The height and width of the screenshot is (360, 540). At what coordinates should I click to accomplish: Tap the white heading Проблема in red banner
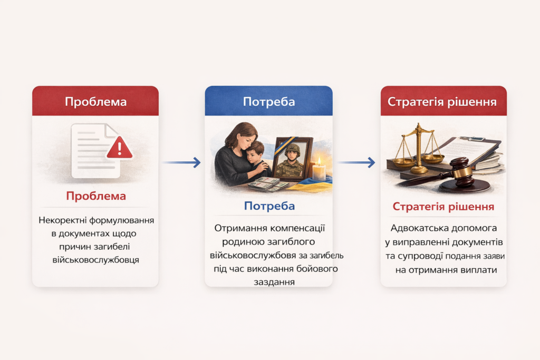96,102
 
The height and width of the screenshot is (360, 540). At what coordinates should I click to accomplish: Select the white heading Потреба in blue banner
269,102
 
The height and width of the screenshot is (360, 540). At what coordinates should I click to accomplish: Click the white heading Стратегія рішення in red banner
442,102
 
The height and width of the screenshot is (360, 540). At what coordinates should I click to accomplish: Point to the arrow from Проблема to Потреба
181,162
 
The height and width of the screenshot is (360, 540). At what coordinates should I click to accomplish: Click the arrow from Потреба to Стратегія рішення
356,162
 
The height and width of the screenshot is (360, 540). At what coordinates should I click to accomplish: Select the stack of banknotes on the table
268,184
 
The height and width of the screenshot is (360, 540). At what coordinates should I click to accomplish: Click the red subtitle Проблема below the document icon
96,196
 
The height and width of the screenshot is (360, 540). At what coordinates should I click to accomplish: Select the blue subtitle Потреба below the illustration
269,206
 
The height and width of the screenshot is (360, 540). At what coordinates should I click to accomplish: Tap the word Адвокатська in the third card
417,228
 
